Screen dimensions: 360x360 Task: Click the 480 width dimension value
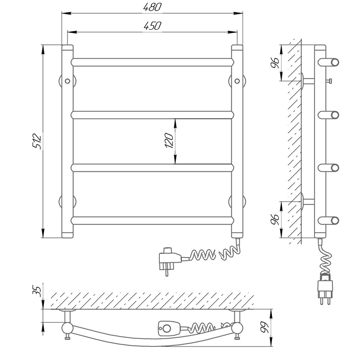pyautogui.click(x=152, y=7)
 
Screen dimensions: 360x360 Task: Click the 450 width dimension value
pyautogui.click(x=152, y=26)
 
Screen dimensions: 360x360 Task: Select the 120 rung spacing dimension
pyautogui.click(x=169, y=140)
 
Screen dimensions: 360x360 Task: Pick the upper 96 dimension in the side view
pyautogui.click(x=275, y=63)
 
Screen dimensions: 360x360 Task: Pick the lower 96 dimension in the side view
pyautogui.click(x=275, y=220)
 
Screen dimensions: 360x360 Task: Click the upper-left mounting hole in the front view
pyautogui.click(x=68, y=81)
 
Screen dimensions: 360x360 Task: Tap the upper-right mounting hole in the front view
pyautogui.click(x=237, y=81)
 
